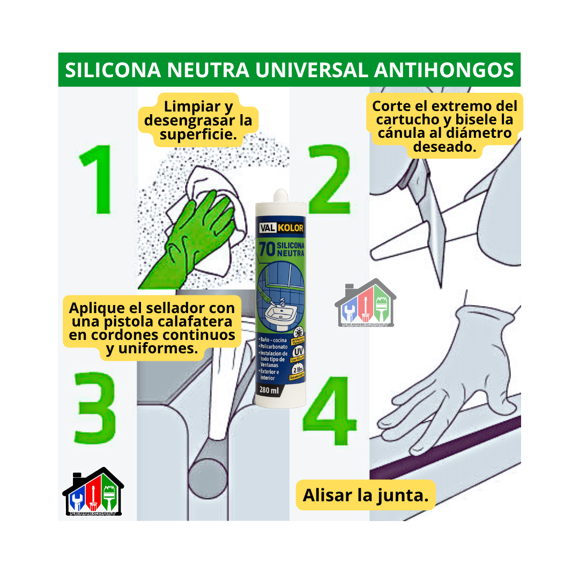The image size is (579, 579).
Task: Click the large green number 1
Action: coord(96,180)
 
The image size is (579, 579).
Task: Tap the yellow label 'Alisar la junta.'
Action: coord(366,495)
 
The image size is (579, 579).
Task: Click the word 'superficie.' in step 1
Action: coord(198,134)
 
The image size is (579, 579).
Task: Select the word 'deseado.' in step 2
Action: coord(444,147)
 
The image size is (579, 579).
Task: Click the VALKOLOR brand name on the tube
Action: coord(281,228)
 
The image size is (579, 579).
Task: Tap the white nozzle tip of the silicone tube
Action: coord(280,194)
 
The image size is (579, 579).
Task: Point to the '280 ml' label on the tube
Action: coord(269,390)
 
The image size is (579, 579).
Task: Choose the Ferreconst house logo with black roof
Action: coord(93,492)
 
